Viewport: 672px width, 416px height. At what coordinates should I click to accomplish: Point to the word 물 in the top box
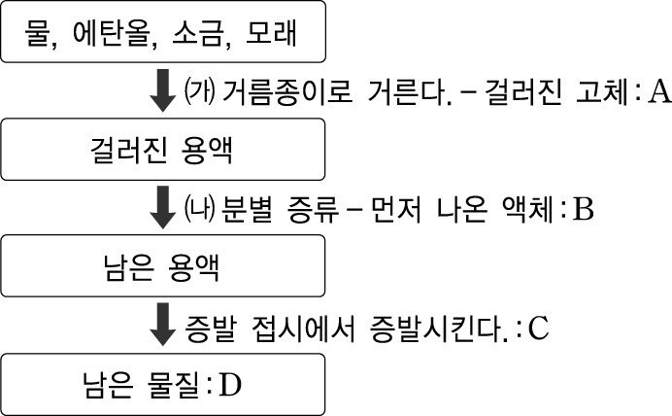tap(46, 36)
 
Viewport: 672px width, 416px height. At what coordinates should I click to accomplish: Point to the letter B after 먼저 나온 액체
tap(583, 208)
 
